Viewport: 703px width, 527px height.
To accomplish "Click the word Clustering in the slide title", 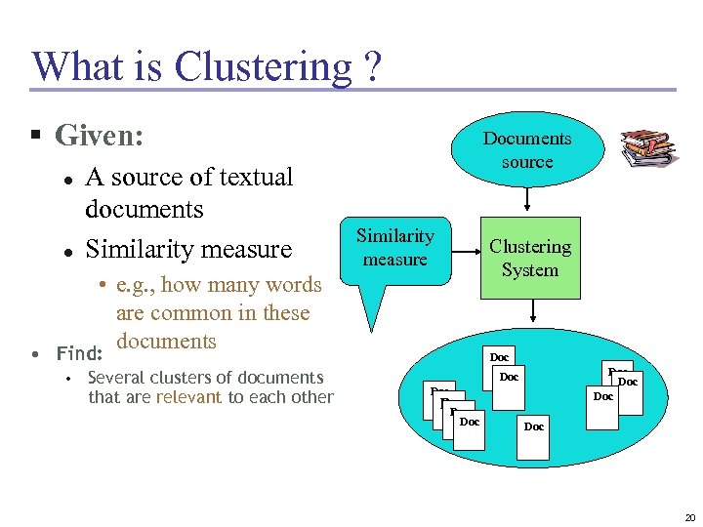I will tap(262, 66).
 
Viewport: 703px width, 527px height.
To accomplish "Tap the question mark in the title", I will tap(371, 66).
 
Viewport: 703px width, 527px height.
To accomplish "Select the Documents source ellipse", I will tap(527, 150).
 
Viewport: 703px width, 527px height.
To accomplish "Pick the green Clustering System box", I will tap(530, 258).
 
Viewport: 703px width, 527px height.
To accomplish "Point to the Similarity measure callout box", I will tap(395, 248).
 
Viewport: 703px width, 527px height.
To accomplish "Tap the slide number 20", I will tap(689, 517).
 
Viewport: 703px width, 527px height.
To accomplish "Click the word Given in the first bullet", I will tap(96, 135).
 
